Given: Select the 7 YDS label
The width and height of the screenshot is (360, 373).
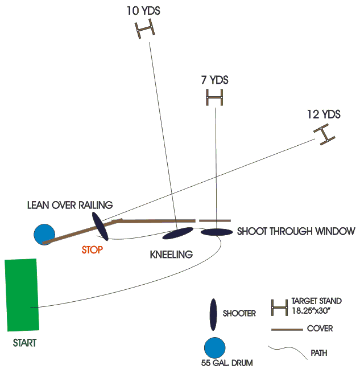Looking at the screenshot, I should click(215, 80).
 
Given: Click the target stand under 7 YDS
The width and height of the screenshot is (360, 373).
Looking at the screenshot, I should click(215, 99).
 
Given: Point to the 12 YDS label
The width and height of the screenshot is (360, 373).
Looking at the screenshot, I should click(323, 114).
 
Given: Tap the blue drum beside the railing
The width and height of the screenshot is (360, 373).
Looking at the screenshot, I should click(44, 234).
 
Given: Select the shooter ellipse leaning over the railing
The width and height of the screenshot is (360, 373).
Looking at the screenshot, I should click(101, 226).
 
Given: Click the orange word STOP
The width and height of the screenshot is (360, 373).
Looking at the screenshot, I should click(92, 250).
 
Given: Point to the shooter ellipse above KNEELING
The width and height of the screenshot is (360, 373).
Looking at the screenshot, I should click(178, 233).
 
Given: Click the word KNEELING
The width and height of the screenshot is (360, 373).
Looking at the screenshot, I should click(171, 254).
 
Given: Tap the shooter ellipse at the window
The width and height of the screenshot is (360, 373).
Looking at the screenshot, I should click(217, 232).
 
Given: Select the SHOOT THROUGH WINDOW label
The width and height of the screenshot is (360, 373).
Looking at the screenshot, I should click(296, 231).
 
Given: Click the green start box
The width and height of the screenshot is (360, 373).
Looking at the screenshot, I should click(22, 294).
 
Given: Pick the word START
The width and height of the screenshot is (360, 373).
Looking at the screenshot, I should click(24, 343).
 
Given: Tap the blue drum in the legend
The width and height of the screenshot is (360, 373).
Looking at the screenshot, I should click(214, 348).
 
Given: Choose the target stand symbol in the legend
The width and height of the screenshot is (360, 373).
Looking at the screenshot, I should click(279, 308).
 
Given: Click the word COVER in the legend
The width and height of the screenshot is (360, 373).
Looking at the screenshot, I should click(320, 329).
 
